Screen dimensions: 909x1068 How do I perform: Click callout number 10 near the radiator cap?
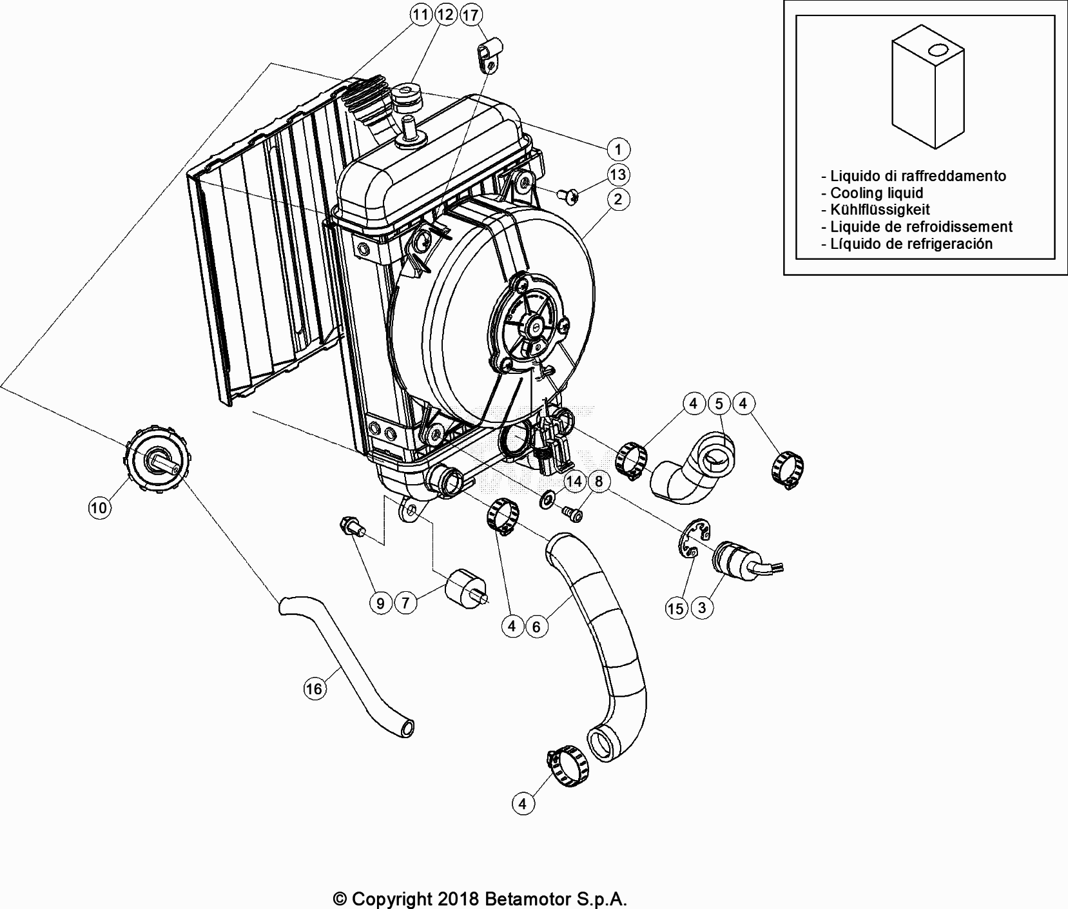click(x=99, y=508)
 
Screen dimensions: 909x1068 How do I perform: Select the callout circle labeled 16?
click(x=314, y=689)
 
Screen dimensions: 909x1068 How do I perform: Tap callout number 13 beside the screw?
click(x=617, y=175)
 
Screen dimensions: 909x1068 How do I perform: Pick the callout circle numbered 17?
click(x=471, y=14)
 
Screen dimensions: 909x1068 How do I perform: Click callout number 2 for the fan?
click(x=617, y=199)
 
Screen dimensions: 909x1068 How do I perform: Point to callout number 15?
click(x=676, y=609)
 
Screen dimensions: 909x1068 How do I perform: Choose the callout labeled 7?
click(x=405, y=603)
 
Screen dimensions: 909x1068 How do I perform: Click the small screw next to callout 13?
click(x=568, y=193)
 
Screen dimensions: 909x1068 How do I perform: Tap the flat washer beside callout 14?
click(x=549, y=498)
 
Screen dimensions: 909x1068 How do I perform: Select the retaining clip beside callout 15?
click(x=694, y=536)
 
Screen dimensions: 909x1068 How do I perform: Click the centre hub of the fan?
click(x=534, y=329)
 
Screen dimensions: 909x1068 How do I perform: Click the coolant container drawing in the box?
click(x=928, y=90)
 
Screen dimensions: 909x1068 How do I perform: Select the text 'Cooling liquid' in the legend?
click(x=876, y=193)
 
